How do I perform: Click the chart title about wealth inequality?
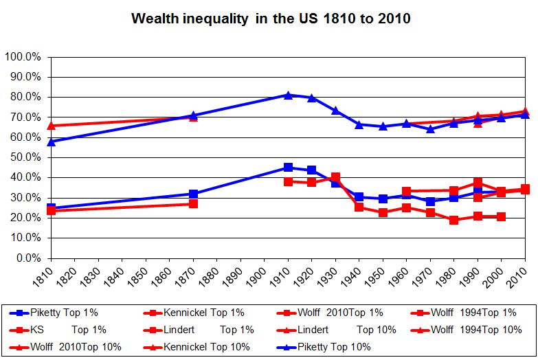[271, 19]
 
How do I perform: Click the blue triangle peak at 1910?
[288, 95]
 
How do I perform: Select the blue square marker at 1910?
[288, 168]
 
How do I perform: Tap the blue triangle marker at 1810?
[51, 142]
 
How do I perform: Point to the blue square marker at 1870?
[193, 194]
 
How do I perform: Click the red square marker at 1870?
[193, 204]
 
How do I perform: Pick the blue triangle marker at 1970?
[430, 128]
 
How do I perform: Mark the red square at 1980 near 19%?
[453, 220]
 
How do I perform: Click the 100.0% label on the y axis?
[23, 56]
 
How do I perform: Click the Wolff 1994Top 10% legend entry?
[474, 330]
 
